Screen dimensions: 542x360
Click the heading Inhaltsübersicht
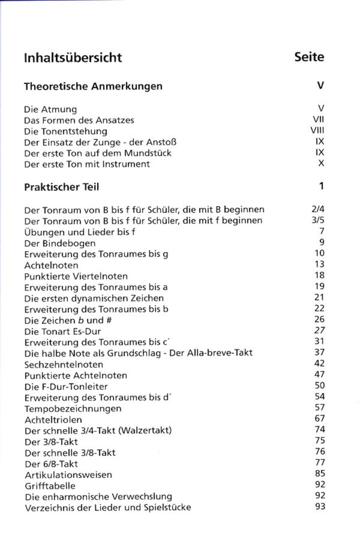(x=73, y=58)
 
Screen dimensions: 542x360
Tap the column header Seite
(x=309, y=58)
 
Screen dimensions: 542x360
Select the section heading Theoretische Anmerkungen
(x=93, y=86)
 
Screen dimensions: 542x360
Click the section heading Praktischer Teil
(x=61, y=186)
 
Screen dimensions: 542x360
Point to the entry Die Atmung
(x=50, y=109)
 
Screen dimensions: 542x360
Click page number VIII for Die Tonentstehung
(x=317, y=131)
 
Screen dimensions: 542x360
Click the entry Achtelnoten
(x=49, y=265)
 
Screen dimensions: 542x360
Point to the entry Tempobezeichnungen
(x=73, y=408)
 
